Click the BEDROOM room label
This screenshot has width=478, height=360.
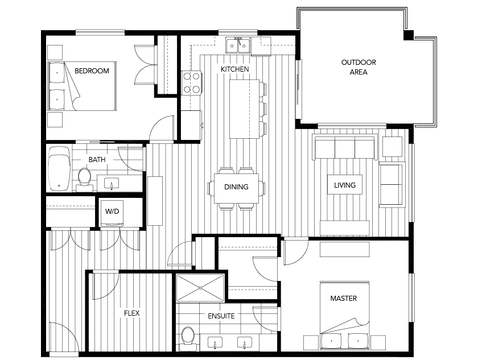pos(92,71)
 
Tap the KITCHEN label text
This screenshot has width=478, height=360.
pos(234,69)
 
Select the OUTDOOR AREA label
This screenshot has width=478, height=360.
pos(358,67)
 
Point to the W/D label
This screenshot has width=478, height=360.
pos(112,212)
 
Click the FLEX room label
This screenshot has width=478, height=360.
pos(131,313)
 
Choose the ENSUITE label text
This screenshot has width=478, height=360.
pos(221,316)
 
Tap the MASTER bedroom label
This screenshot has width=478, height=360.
pos(344,299)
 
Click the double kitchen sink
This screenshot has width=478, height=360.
pos(238,45)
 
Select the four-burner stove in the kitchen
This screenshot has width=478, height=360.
pos(191,82)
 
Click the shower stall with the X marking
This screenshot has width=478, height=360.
pos(200,288)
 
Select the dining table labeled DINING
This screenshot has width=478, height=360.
pos(236,188)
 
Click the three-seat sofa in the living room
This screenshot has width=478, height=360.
pos(345,148)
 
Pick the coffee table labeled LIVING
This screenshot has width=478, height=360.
pos(345,185)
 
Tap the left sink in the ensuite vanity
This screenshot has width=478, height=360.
pos(215,342)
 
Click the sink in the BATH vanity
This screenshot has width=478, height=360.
pos(112,183)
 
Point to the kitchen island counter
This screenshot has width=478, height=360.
pos(245,109)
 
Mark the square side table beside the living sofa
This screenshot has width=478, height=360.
pos(392,147)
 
